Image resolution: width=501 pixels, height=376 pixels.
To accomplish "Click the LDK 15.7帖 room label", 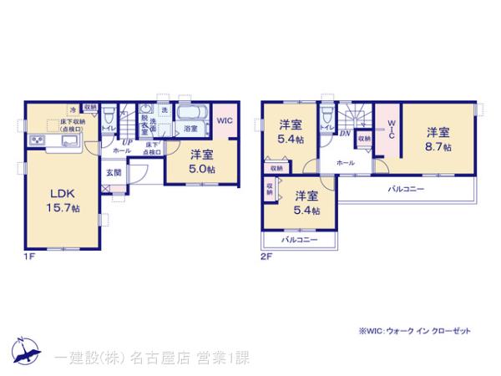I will tap(63, 200).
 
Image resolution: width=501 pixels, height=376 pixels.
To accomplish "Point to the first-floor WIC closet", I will tap(225, 121).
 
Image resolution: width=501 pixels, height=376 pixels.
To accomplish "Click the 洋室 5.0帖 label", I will tap(201, 160).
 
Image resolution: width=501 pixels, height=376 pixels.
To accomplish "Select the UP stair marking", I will tap(126, 143).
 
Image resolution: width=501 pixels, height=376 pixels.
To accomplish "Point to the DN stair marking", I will tap(344, 133).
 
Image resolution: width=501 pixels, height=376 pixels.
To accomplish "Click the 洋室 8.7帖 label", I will tap(439, 139).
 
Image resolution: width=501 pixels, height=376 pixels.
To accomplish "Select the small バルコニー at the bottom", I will tap(299, 240).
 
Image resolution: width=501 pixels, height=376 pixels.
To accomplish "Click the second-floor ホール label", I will tap(345, 162).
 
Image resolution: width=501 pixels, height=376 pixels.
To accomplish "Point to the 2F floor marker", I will tap(265, 257).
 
